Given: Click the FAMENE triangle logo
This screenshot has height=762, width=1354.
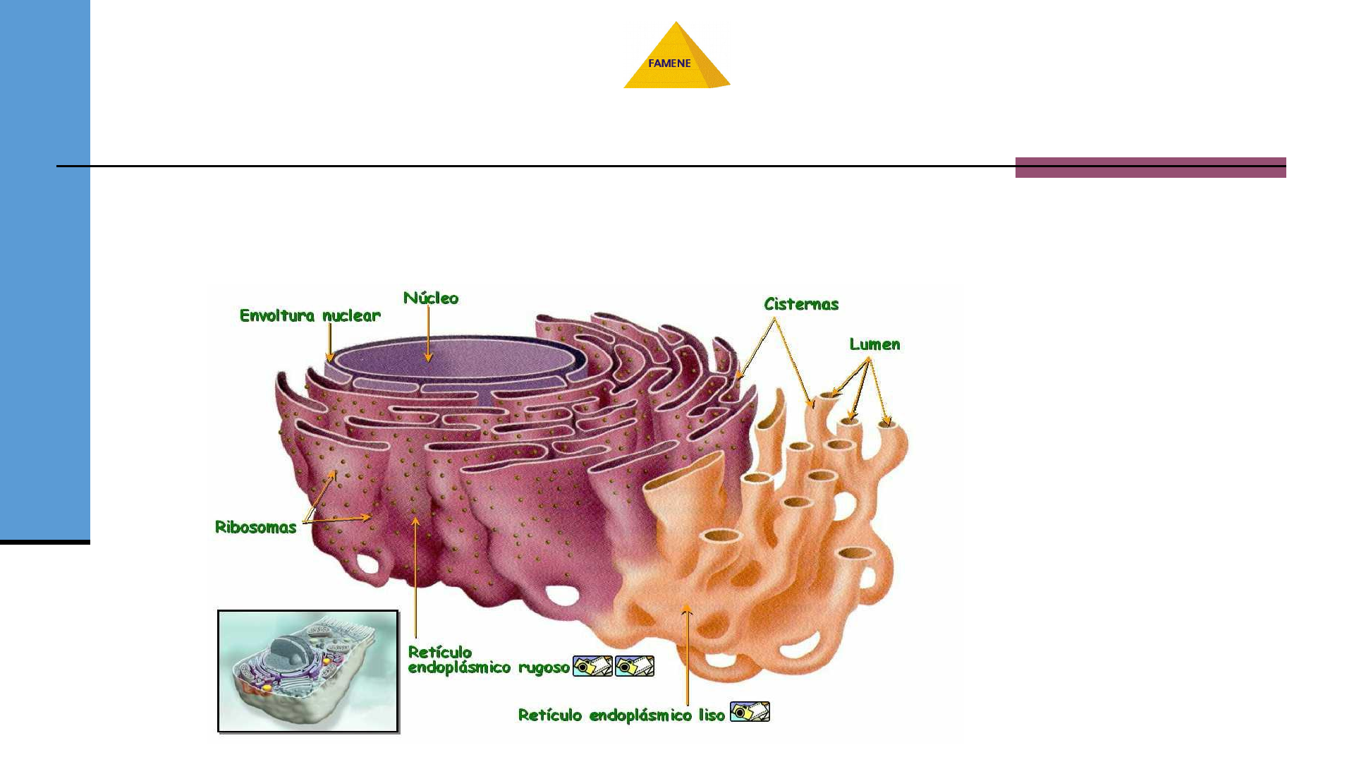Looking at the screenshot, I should [x=676, y=59].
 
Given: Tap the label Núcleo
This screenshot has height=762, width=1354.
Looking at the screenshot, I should [x=431, y=298].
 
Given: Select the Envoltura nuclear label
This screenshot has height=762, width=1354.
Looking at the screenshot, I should [x=310, y=315].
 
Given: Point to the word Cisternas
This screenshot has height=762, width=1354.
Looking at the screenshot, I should [x=801, y=304].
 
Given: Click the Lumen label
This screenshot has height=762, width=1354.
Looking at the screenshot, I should [x=874, y=344].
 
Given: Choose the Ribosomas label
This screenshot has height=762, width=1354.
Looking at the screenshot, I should [x=255, y=527].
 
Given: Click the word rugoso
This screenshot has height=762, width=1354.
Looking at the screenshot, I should [x=544, y=667].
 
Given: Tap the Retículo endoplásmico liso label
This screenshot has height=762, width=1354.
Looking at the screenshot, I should [x=621, y=715].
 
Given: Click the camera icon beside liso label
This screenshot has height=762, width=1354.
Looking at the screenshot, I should [x=750, y=712].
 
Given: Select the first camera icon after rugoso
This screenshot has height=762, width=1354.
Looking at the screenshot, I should [x=592, y=666].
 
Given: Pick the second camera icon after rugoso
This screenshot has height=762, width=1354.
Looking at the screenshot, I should [x=635, y=666].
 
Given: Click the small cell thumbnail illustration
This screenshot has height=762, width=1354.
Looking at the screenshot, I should [x=308, y=671].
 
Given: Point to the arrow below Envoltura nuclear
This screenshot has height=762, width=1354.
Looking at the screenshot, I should [x=329, y=343].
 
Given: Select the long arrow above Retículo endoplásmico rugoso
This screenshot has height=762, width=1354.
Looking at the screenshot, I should [x=415, y=579].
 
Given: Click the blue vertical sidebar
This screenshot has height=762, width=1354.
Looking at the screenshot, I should [x=44, y=268].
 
